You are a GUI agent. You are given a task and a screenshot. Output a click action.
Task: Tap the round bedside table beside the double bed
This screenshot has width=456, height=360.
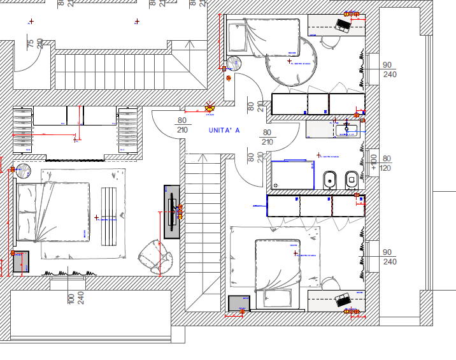click(x=24, y=171)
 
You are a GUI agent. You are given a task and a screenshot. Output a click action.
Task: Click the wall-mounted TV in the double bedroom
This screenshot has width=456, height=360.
click(x=172, y=212)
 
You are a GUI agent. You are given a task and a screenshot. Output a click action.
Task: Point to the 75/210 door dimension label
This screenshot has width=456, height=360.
click(x=34, y=43)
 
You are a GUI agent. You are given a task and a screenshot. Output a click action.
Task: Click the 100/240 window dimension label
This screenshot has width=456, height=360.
click(x=75, y=298)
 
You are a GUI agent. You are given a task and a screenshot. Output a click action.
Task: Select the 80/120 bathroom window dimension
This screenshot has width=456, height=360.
click(x=386, y=164)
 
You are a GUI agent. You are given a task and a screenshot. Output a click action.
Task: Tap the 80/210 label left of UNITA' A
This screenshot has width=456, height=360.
click(x=182, y=125)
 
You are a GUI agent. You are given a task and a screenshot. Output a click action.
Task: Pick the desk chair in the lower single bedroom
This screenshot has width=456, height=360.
click(x=329, y=282)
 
